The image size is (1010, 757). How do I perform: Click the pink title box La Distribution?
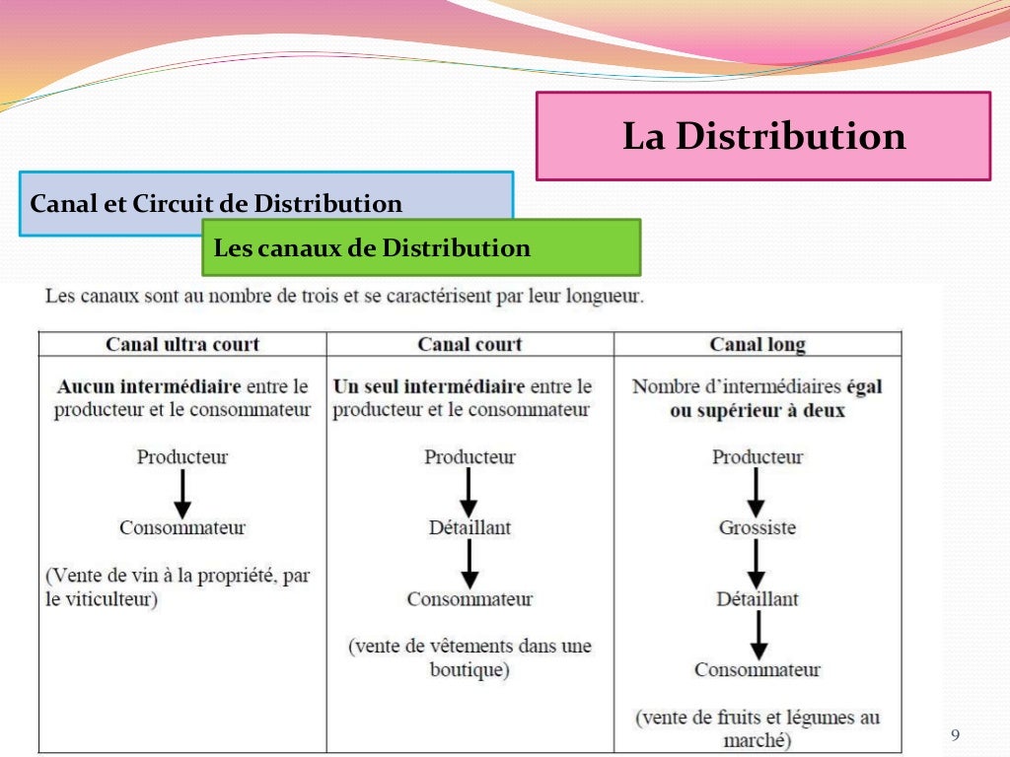click(x=762, y=136)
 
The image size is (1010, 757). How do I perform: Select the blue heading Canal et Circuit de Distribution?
click(x=216, y=204)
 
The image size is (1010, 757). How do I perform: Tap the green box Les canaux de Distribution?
click(x=421, y=247)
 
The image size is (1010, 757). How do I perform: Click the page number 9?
click(x=954, y=735)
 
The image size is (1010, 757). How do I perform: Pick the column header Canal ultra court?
click(x=182, y=344)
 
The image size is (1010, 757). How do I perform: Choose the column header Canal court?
click(x=469, y=344)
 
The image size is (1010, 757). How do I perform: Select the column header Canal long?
click(x=757, y=344)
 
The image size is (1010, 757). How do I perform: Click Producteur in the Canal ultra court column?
click(x=182, y=457)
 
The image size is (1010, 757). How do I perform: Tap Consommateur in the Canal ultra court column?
click(x=182, y=527)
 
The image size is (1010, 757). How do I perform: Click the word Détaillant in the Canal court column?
click(x=469, y=527)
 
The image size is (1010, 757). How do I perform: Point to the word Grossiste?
click(x=757, y=527)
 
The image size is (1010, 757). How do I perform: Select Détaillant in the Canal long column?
click(x=757, y=598)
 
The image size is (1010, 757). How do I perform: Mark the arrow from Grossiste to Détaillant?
click(x=757, y=563)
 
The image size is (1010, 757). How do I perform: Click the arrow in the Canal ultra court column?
click(x=182, y=492)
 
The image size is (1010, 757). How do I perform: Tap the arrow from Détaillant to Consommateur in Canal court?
click(x=469, y=563)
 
